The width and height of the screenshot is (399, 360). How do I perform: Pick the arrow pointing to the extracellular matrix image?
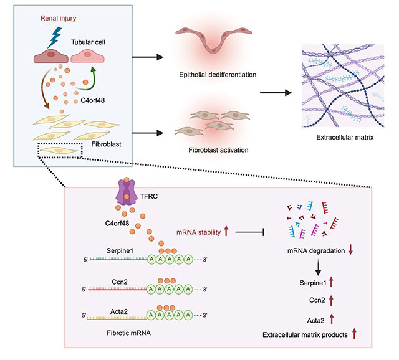pyautogui.click(x=275, y=93)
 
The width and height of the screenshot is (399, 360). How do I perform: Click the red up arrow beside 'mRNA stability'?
pyautogui.click(x=226, y=232)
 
